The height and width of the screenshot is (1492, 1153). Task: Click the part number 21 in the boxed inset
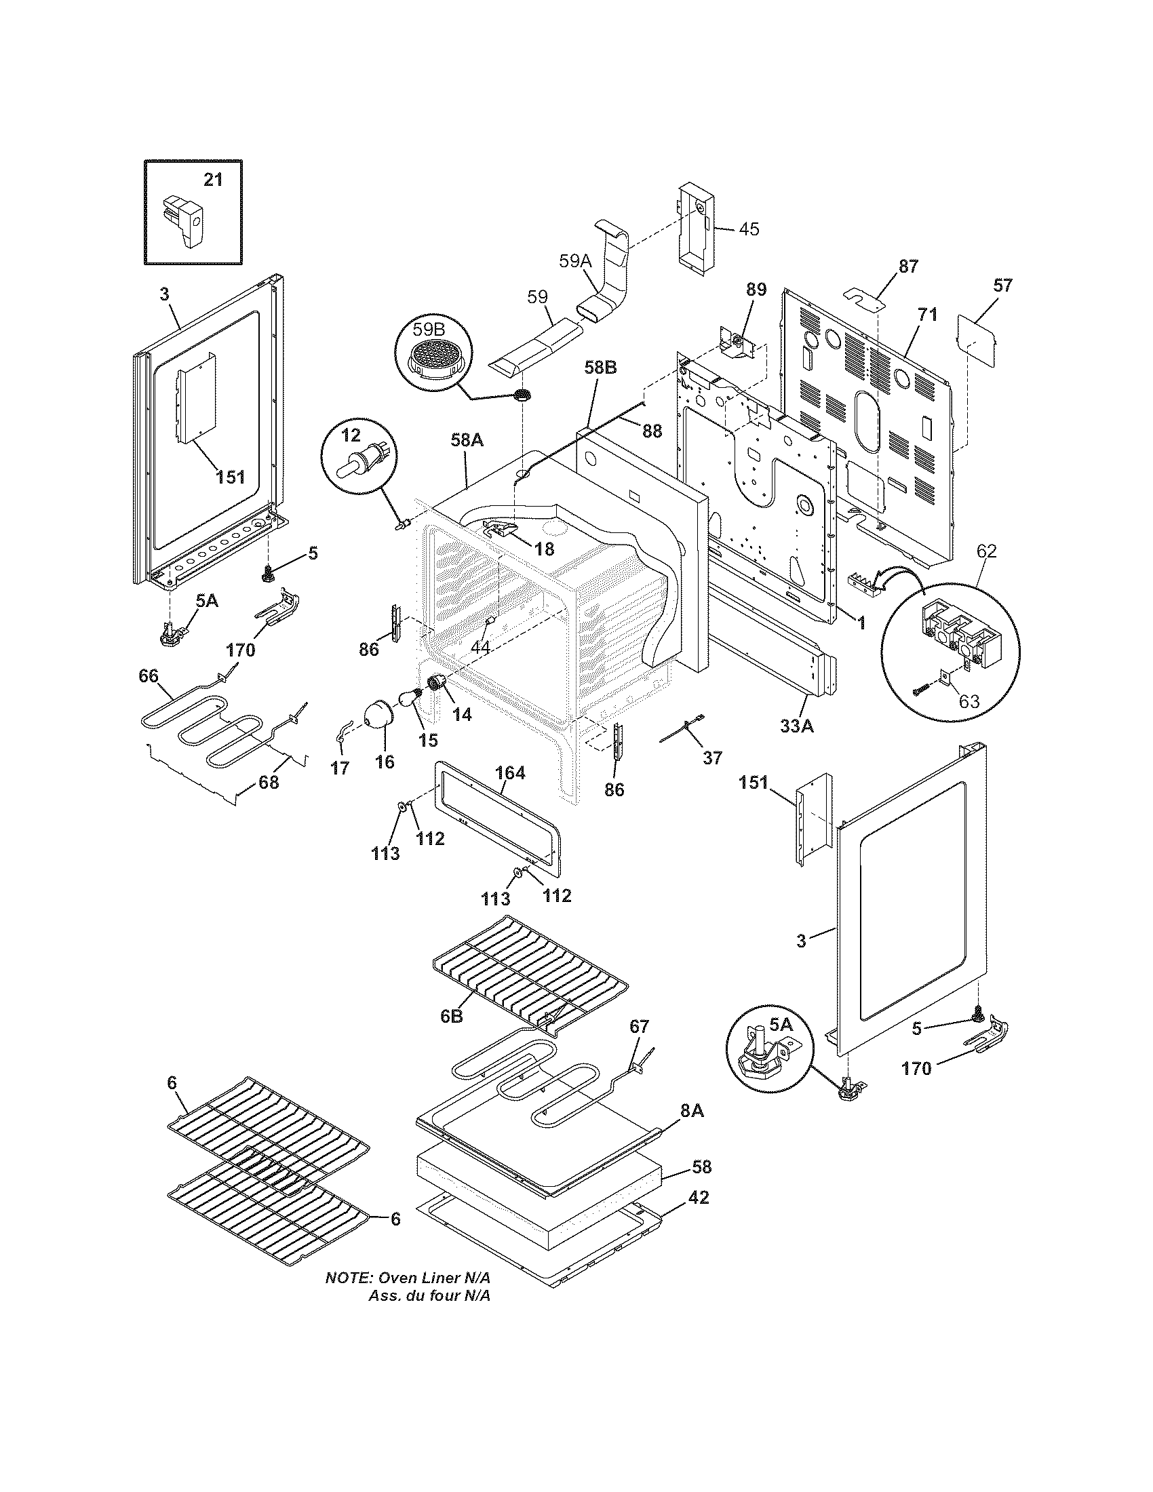pos(213,180)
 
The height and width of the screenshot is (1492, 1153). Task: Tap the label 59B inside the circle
pos(428,329)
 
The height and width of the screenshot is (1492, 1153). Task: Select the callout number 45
pos(749,229)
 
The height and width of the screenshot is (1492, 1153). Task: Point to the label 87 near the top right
pos(907,267)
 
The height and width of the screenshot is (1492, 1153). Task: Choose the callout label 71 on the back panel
pos(927,315)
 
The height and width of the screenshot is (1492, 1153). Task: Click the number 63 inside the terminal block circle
pos(969,701)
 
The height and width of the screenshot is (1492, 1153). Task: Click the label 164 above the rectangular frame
pos(509,772)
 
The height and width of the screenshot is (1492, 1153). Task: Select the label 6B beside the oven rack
pos(451,1036)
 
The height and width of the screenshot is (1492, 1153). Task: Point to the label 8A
pos(691,1112)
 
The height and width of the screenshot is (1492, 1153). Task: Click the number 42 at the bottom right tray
pos(699,1197)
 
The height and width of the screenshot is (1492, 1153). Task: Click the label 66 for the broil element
pos(149,676)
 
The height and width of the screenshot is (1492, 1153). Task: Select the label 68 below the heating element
pos(269,782)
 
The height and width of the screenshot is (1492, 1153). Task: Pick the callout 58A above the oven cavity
pos(467,441)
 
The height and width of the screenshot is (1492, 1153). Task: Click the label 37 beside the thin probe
pos(712,758)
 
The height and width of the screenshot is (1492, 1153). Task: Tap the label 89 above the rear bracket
pos(756,289)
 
